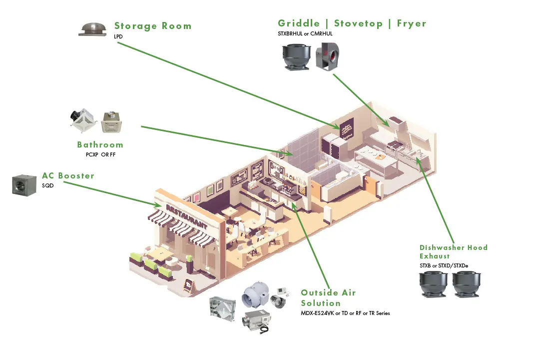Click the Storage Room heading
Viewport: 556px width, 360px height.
pos(152,26)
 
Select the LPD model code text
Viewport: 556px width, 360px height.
pos(118,36)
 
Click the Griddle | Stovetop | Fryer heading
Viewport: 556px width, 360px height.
pos(352,23)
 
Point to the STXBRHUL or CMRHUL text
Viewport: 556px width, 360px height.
pos(305,34)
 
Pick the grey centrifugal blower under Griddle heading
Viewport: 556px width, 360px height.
pos(328,56)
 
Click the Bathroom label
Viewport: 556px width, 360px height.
pos(100,145)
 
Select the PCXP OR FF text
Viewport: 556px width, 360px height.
pos(100,154)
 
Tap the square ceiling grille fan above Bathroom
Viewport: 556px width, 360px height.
pos(111,121)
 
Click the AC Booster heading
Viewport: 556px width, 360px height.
pos(68,176)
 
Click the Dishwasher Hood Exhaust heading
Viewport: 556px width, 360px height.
pos(453,251)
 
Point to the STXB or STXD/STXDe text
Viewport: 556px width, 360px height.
pos(444,265)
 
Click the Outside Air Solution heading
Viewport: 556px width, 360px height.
pos(328,298)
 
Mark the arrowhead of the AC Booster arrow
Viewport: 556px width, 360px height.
pos(158,204)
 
